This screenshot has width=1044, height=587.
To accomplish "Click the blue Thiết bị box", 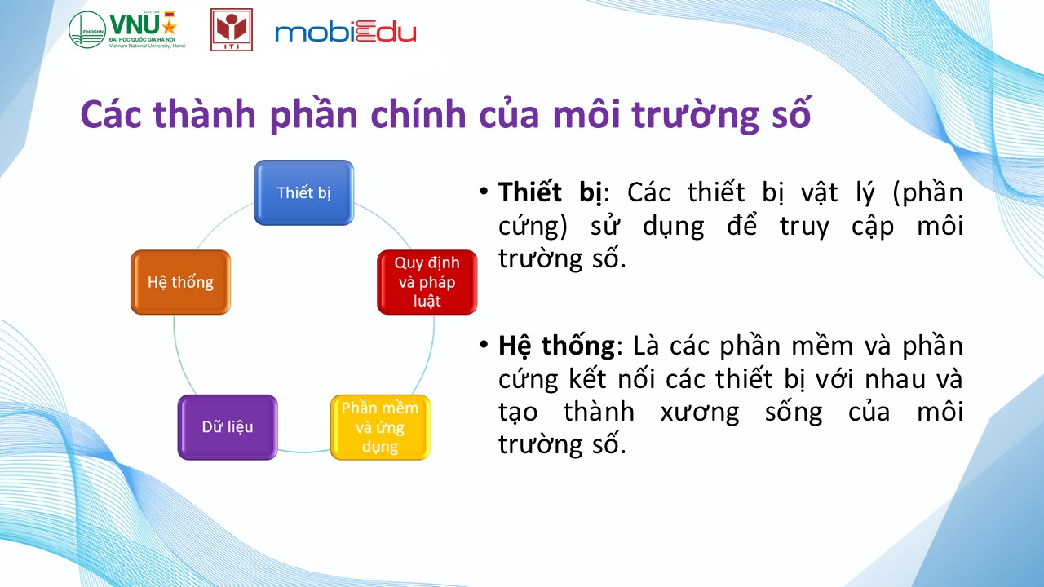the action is pos(304,192).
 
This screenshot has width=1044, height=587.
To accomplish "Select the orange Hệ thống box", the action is pos(181,282).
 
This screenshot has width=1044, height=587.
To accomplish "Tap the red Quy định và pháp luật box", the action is pos(427,282).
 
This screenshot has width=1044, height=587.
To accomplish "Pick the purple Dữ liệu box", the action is pos(228,427).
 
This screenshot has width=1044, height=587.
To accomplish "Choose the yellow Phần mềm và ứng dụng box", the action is pos(380,427).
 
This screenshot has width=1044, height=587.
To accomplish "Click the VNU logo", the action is pos(127,29).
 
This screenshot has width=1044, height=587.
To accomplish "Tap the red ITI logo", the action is pos(232,29).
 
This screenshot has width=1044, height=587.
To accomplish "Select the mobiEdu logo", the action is pos(345,32).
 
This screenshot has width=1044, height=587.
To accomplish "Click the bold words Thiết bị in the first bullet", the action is pos(550,193).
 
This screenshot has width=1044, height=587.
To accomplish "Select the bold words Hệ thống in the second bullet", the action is pos(556,346).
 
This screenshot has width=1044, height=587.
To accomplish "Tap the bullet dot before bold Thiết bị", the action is pos(484,191).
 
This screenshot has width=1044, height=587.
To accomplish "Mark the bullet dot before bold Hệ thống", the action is pos(484,345).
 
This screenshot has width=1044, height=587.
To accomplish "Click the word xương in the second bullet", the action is pos(700,413).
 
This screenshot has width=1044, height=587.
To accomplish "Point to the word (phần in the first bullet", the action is pos(927,193).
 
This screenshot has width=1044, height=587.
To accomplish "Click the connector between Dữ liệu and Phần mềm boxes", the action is pos(304,451).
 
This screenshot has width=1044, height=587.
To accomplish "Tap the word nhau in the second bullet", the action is pos(895,379).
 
